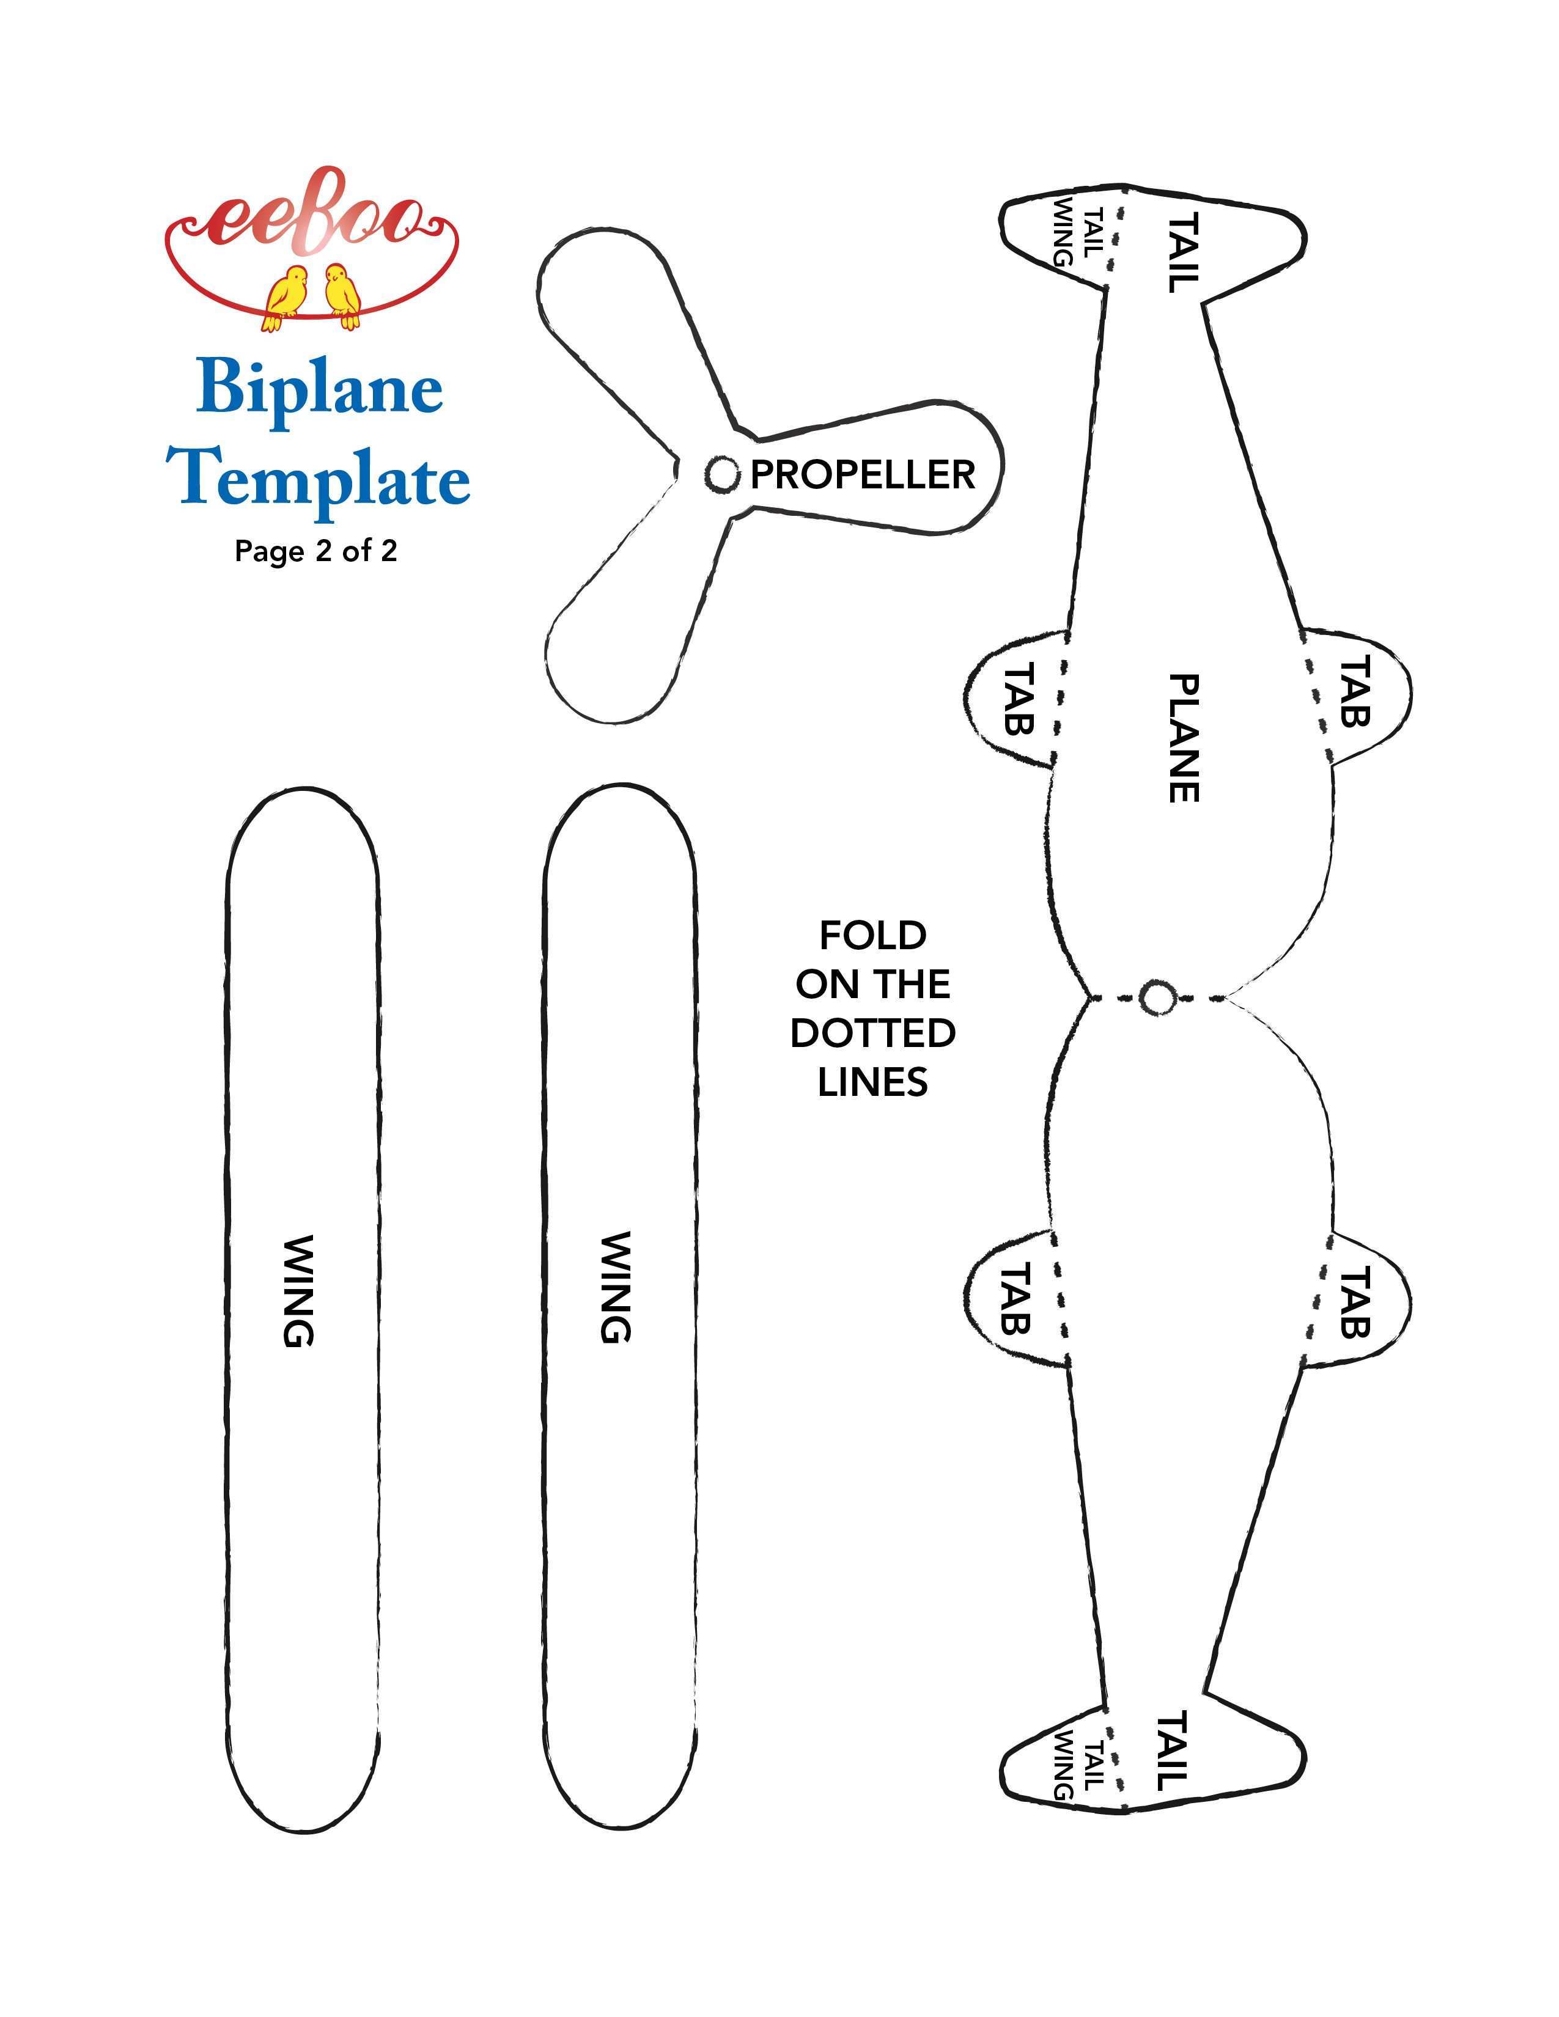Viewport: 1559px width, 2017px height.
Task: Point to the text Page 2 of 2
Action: [x=316, y=551]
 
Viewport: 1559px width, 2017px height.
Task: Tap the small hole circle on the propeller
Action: [x=722, y=475]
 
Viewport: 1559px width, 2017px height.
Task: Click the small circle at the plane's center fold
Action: [x=1156, y=998]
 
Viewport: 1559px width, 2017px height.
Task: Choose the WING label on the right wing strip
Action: [x=615, y=1287]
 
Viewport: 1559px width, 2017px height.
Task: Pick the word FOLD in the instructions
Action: [x=873, y=936]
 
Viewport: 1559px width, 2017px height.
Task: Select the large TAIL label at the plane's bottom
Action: [x=1171, y=1751]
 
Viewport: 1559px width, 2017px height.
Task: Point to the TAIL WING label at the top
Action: [x=1078, y=233]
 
